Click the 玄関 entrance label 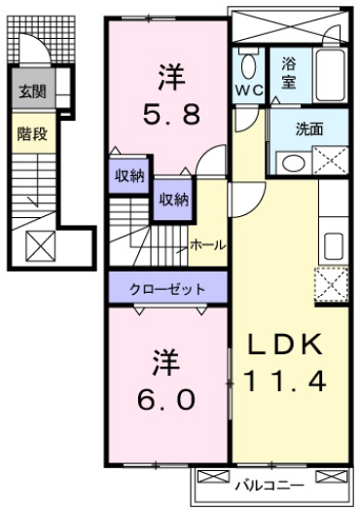click(30, 93)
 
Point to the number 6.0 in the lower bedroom click(163, 400)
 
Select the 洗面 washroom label click(309, 128)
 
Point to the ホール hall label click(208, 245)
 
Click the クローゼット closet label click(168, 288)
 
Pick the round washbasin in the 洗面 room click(290, 162)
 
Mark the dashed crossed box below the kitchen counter click(331, 283)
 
